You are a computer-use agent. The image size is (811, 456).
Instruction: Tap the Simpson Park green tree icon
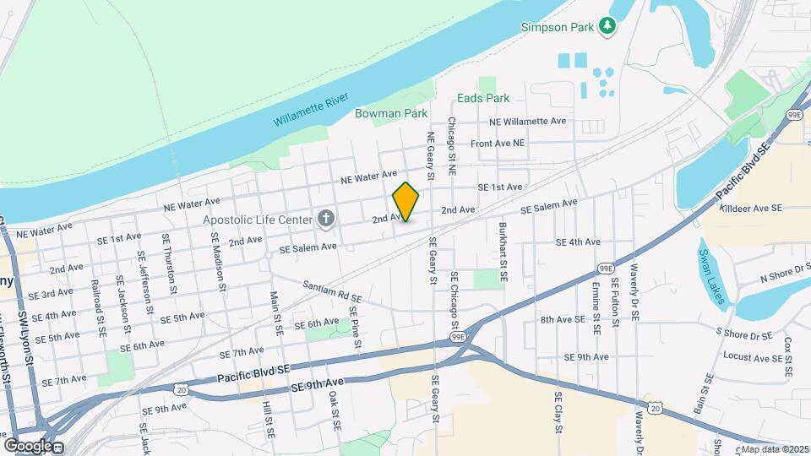(607, 26)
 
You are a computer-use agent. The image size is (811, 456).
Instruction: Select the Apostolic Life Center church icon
(326, 220)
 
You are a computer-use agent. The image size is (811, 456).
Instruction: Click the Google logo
(28, 445)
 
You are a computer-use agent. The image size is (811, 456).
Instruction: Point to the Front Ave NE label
(498, 144)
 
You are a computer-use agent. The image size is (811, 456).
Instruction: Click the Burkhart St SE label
(503, 251)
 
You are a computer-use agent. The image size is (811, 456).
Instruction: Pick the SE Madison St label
(218, 261)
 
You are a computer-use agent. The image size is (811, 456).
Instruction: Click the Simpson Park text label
(557, 26)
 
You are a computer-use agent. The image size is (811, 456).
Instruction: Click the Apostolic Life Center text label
(257, 220)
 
